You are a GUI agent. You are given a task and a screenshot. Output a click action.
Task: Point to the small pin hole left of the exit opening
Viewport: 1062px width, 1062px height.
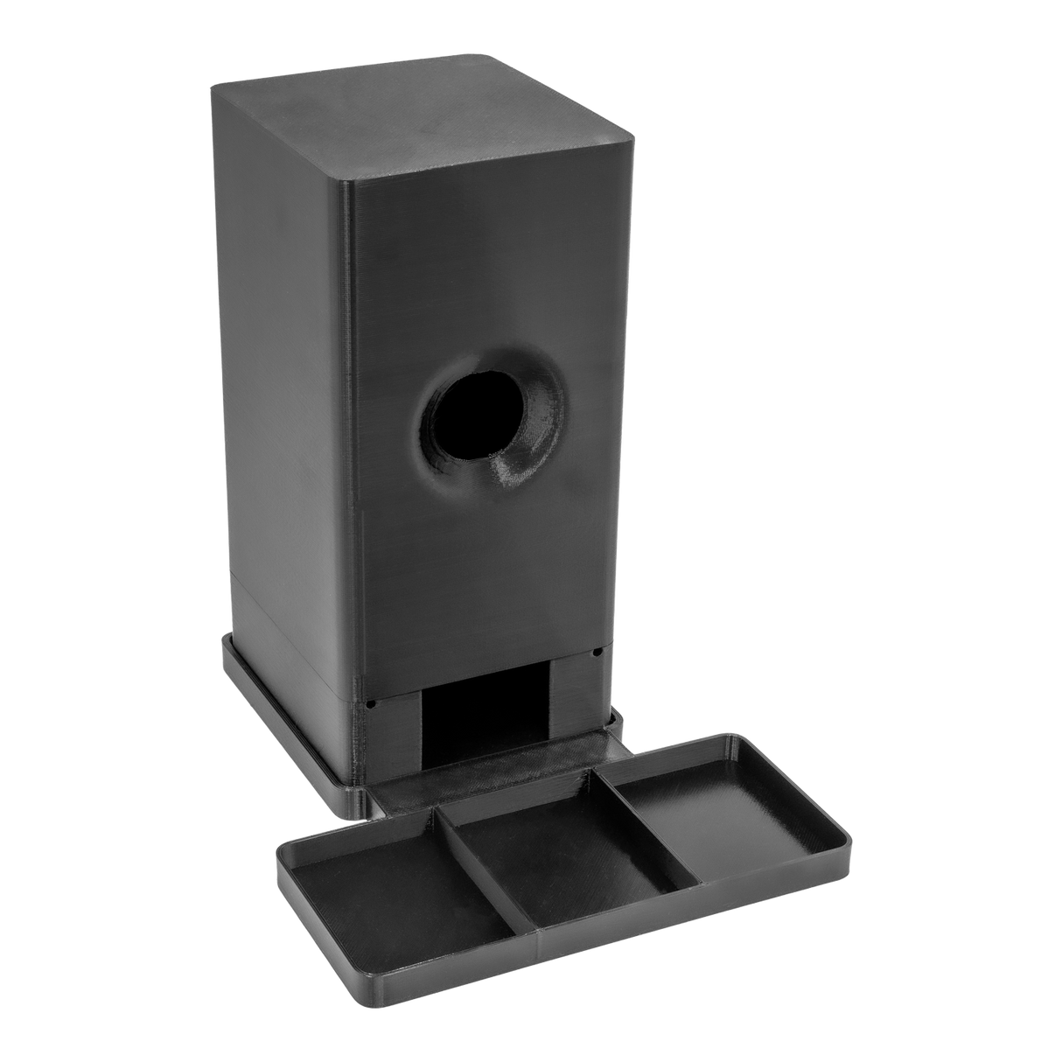[x=371, y=702]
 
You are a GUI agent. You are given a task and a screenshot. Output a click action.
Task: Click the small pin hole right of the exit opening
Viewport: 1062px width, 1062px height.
[x=597, y=653]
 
